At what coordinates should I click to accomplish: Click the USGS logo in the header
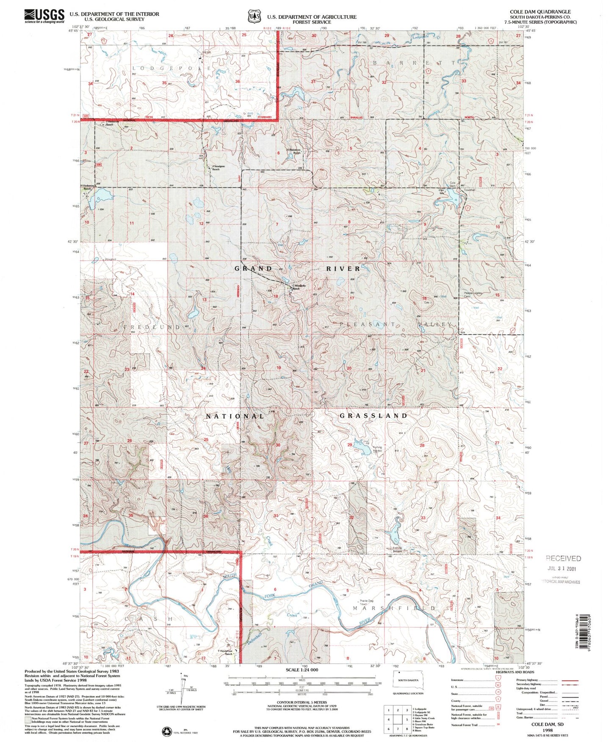[44, 16]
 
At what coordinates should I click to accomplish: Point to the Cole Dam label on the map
[452, 184]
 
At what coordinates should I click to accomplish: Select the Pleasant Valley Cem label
[473, 295]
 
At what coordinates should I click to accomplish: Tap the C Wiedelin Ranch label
[299, 287]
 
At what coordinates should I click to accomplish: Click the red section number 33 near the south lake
[423, 518]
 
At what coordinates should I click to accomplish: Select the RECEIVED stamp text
[563, 558]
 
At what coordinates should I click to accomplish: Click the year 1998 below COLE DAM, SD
[548, 731]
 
